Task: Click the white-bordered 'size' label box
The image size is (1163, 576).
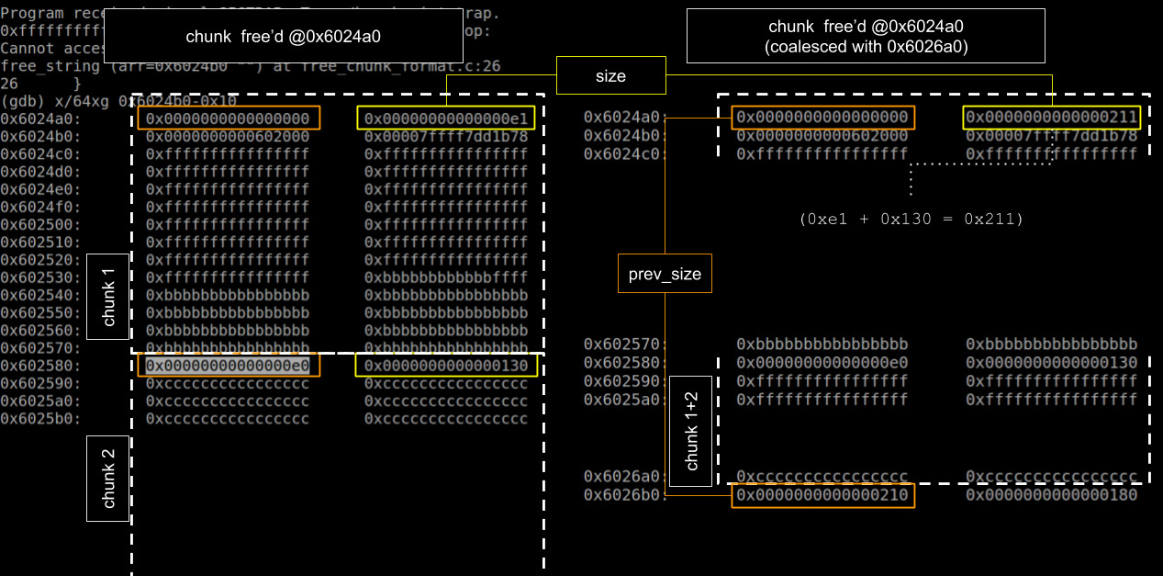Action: (x=610, y=76)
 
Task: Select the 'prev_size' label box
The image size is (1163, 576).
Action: (x=665, y=275)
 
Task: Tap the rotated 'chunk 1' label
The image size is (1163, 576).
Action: (x=107, y=297)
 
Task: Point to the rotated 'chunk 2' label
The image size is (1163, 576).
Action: (x=107, y=479)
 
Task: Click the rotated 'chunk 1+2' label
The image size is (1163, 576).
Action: (x=691, y=431)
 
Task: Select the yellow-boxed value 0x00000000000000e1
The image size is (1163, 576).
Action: (x=446, y=119)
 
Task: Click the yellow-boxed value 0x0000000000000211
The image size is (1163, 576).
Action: (x=1051, y=118)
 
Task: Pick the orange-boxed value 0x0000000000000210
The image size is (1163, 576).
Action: (x=822, y=495)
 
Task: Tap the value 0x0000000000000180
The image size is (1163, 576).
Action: (x=1051, y=495)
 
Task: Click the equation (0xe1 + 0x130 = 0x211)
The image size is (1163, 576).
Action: (x=911, y=219)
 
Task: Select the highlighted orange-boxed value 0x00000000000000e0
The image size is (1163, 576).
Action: (x=228, y=366)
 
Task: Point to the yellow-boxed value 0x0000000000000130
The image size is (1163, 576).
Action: (x=446, y=366)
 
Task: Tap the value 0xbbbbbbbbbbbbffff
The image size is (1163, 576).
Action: (x=446, y=277)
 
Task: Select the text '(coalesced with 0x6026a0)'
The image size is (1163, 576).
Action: (x=866, y=45)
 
